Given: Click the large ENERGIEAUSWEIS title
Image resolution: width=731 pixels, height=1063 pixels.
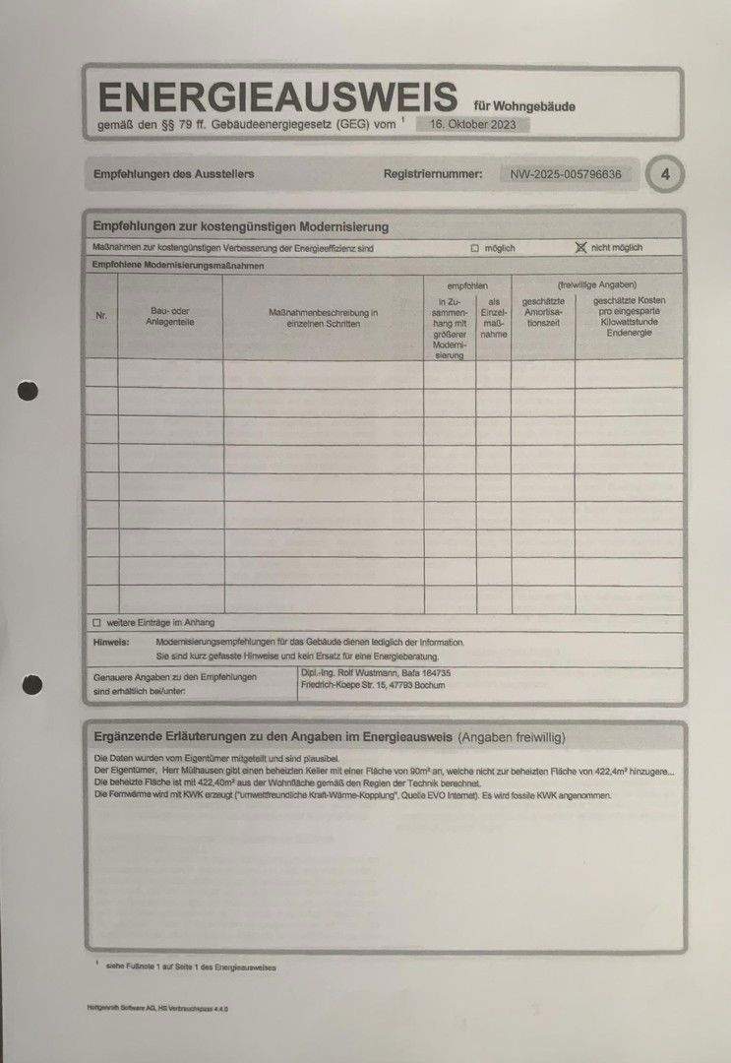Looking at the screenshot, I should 278,96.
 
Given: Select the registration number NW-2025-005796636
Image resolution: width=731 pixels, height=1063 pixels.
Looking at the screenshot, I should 566,174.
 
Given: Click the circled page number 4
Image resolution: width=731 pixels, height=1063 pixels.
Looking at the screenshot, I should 666,175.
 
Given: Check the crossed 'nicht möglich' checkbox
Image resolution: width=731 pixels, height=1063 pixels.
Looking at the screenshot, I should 580,248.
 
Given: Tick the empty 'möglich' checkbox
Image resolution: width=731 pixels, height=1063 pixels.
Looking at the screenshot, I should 474,249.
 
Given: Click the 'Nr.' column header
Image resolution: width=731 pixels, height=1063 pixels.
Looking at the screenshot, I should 101,317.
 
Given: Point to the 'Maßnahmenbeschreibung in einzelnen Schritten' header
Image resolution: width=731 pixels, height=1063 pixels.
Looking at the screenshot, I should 323,318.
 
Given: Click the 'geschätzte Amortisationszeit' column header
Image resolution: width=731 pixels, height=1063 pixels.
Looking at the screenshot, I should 543,311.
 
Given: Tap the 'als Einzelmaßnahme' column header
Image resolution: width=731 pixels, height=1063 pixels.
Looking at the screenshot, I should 494,317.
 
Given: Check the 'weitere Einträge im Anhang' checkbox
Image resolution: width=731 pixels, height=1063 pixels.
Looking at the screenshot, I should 96,623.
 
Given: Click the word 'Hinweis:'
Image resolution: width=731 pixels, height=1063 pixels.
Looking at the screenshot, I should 111,642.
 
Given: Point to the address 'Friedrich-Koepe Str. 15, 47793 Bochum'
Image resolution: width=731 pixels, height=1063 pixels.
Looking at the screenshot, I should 373,685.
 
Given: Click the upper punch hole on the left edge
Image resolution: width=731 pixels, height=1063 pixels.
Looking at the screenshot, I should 29,392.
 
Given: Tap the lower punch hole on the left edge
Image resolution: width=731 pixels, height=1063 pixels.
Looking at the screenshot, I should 32,684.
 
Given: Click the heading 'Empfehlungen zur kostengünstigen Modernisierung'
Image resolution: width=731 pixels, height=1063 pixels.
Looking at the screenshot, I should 241,226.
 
